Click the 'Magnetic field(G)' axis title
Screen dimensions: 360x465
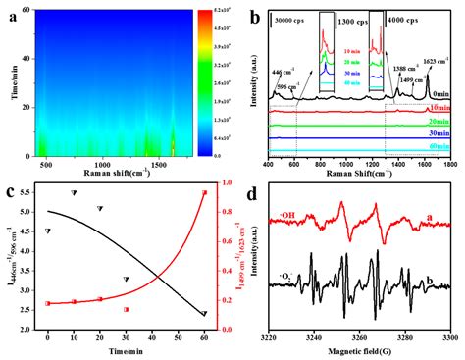360,351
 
